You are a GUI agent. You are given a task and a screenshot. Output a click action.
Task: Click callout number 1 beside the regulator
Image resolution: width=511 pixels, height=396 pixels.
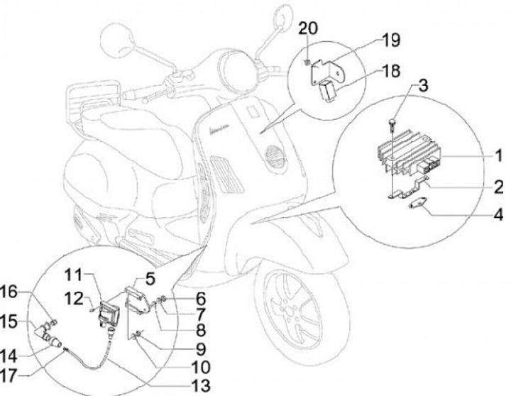[498, 155]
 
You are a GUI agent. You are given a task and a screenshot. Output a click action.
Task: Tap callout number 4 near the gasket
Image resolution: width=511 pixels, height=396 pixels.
[498, 214]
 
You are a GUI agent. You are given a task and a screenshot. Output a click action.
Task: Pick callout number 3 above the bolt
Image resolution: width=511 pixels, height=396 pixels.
[422, 87]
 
